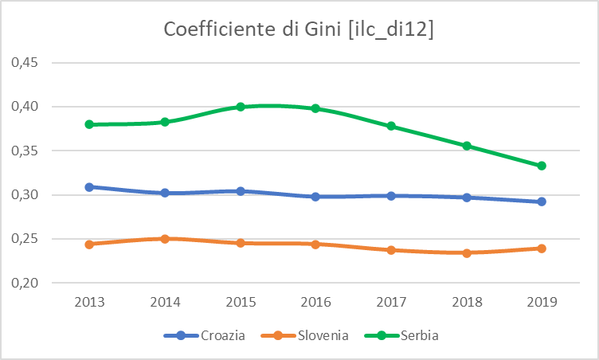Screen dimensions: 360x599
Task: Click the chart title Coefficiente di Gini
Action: point(299,29)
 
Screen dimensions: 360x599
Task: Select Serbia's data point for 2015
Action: point(241,107)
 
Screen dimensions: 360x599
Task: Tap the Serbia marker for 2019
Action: point(542,166)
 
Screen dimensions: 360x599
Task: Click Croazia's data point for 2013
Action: point(90,187)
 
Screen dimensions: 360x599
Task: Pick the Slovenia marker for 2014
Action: point(165,238)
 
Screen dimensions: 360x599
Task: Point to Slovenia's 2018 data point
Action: point(467,253)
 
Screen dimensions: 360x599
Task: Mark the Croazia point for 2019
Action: point(542,202)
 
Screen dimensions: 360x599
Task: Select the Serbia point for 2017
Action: point(391,126)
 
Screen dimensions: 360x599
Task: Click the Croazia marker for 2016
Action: point(315,196)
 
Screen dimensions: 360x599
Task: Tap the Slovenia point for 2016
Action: point(315,244)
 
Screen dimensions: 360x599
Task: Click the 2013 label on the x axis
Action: point(90,303)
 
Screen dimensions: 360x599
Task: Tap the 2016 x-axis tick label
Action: point(315,303)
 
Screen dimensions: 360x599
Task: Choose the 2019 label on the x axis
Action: point(542,303)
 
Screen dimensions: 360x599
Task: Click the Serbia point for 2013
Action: point(90,124)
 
